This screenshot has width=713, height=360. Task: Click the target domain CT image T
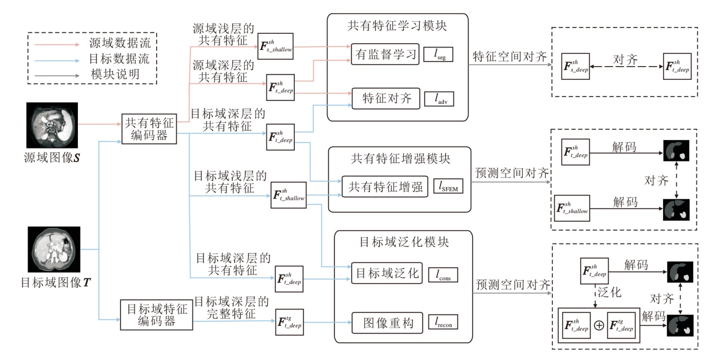click(x=53, y=250)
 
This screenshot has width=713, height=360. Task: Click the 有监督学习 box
click(x=384, y=54)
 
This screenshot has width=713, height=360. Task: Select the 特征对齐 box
click(x=384, y=99)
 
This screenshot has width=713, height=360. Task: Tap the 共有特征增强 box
click(x=385, y=187)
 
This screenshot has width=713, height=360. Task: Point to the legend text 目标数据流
click(x=119, y=59)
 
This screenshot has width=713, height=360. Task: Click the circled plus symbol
click(x=598, y=325)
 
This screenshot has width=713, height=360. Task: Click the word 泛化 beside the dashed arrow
click(x=610, y=293)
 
